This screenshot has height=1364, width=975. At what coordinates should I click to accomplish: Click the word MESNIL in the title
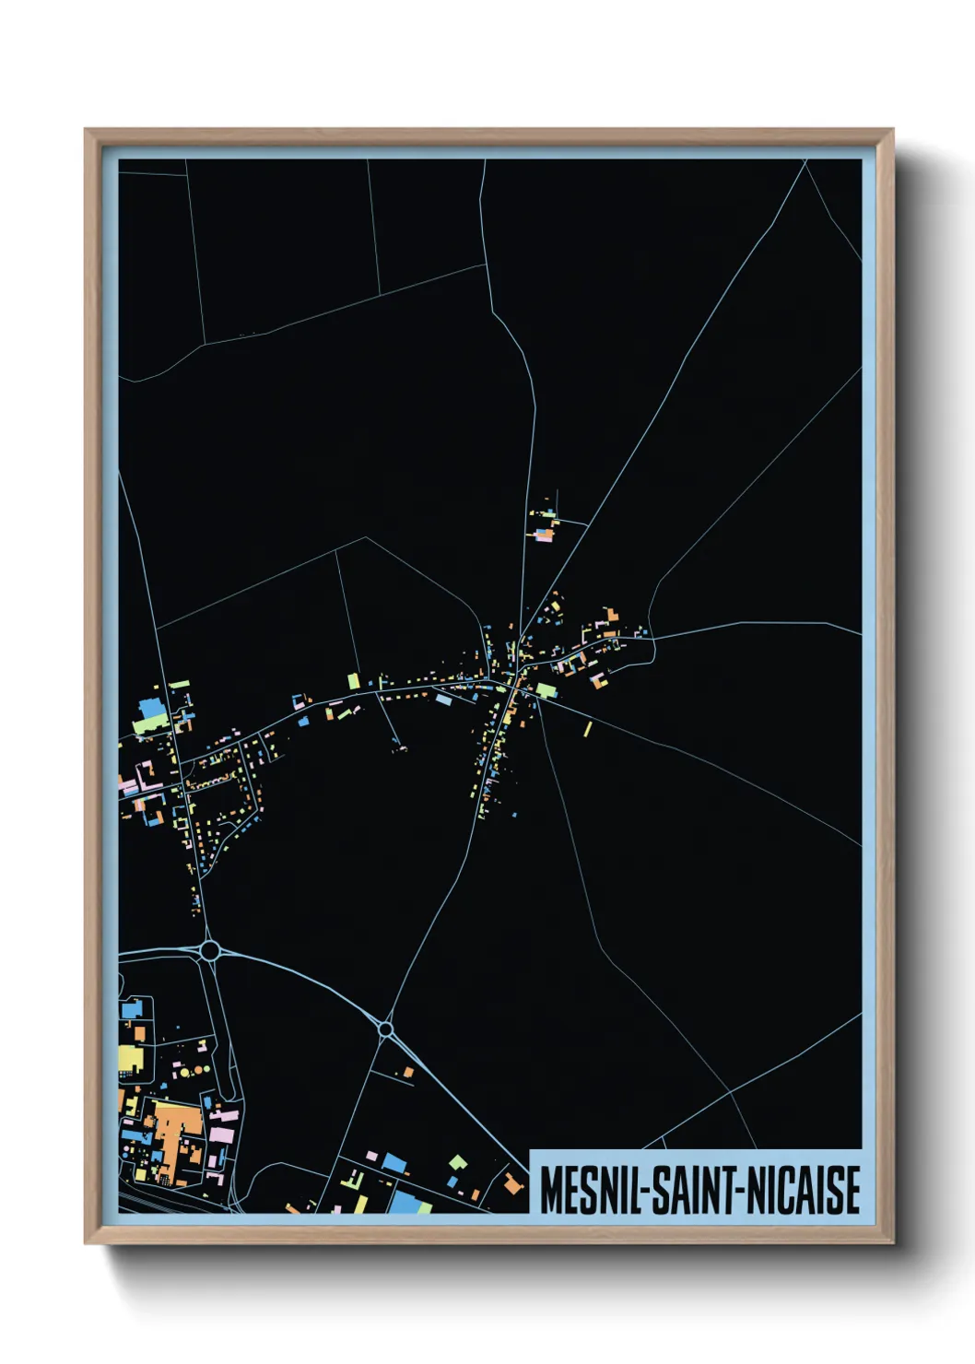[x=593, y=1190]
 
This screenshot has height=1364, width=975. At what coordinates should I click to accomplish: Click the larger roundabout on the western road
[x=210, y=950]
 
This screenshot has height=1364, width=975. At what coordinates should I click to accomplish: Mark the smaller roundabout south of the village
[x=386, y=1029]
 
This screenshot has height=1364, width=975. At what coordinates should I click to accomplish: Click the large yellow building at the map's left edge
[x=130, y=1059]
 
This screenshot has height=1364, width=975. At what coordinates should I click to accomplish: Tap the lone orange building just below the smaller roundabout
[x=407, y=1072]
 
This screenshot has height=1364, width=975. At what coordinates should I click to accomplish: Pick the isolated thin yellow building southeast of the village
[x=588, y=729]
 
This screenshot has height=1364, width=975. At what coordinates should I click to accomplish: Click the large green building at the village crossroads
[x=546, y=690]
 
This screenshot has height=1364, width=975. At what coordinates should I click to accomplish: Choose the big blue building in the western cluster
[x=149, y=709]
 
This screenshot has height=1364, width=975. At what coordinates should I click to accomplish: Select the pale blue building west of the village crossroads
[x=443, y=700]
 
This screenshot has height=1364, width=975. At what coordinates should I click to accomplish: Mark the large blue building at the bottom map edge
[x=405, y=1201]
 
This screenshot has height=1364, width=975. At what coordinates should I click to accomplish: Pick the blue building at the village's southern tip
[x=514, y=815]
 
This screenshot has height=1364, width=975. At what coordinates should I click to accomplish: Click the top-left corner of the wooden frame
[x=86, y=130]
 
